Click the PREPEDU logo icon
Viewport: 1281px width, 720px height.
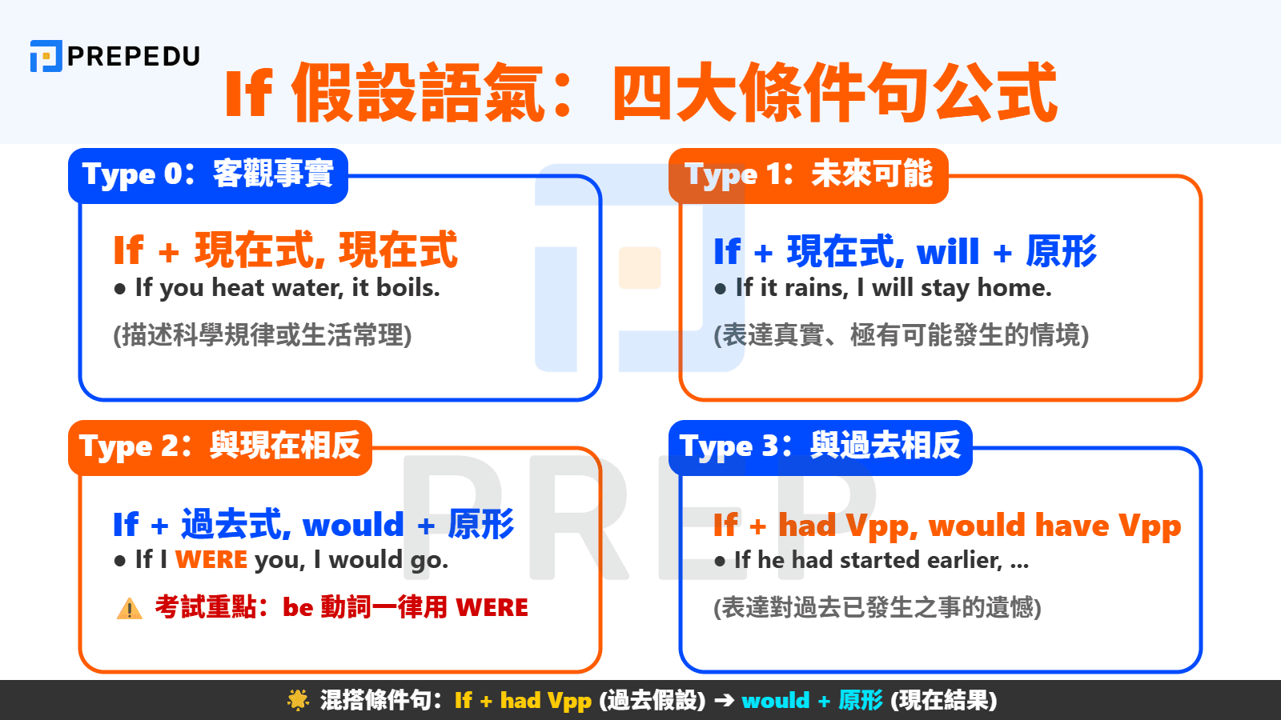46,56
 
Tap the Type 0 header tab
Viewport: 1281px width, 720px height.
208,175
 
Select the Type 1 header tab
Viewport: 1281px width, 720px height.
809,175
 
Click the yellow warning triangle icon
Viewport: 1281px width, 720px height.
129,610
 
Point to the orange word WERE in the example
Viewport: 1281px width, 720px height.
211,560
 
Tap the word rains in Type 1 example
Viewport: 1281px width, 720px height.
816,288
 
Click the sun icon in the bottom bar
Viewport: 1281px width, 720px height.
298,701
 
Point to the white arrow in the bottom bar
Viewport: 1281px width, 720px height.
724,701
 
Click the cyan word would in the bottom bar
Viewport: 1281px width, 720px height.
776,701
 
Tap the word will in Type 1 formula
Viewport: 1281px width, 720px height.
948,252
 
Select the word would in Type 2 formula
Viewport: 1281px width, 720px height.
353,525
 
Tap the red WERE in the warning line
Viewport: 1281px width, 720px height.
492,608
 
